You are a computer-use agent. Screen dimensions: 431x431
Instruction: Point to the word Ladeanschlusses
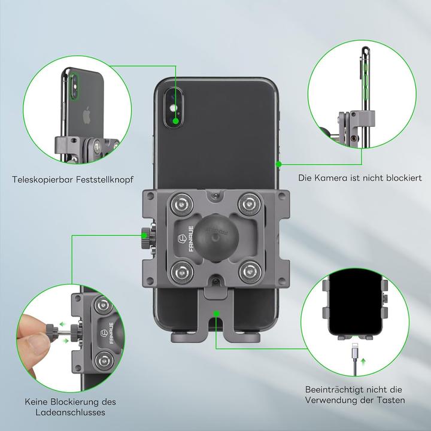(71, 412)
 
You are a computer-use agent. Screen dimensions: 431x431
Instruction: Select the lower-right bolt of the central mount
(248, 273)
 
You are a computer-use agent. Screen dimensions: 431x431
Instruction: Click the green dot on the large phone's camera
(175, 120)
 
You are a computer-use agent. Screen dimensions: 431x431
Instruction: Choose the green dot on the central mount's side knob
(144, 236)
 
